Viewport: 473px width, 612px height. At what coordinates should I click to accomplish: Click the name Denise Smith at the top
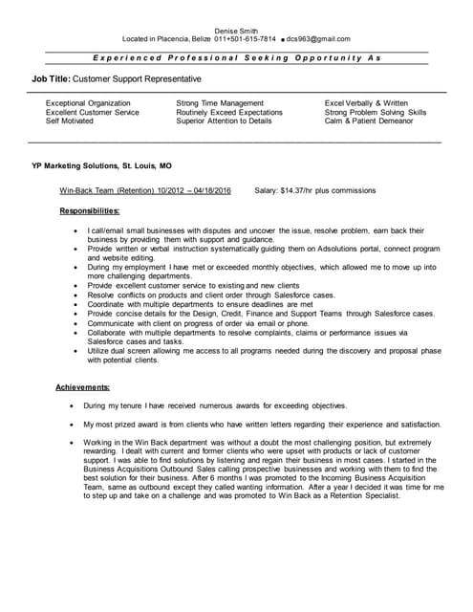coord(235,30)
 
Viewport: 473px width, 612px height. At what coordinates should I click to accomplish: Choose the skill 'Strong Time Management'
coord(220,102)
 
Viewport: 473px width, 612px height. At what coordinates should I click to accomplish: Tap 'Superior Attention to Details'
coord(224,121)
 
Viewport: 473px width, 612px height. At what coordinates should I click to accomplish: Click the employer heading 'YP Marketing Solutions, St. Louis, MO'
coord(102,165)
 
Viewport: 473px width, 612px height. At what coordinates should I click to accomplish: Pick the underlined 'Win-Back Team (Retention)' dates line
coord(144,190)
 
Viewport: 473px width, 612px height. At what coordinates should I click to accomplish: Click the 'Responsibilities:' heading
coord(89,210)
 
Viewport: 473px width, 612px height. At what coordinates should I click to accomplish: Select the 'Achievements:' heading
coord(82,386)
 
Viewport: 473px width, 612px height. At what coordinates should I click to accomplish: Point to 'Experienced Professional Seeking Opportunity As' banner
coord(236,57)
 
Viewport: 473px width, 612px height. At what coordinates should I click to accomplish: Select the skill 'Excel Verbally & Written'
coord(366,102)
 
